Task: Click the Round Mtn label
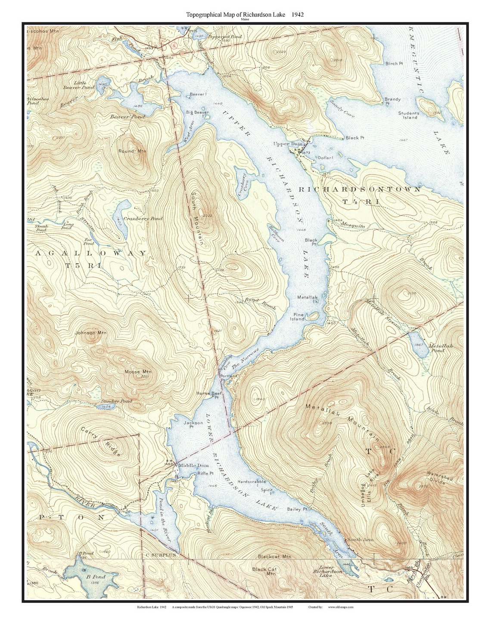point(132,151)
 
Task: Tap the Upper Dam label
point(288,144)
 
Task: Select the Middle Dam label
point(193,465)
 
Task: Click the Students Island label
point(408,115)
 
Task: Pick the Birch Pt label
point(394,63)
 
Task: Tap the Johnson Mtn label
point(90,333)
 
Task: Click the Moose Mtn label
point(138,372)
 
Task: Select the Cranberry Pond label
point(143,219)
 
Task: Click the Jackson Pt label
point(193,424)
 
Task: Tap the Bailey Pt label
point(298,509)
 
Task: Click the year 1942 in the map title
point(297,14)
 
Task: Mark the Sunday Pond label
point(116,401)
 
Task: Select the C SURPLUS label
point(161,555)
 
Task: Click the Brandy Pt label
point(392,101)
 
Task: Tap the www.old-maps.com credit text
point(341,607)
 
